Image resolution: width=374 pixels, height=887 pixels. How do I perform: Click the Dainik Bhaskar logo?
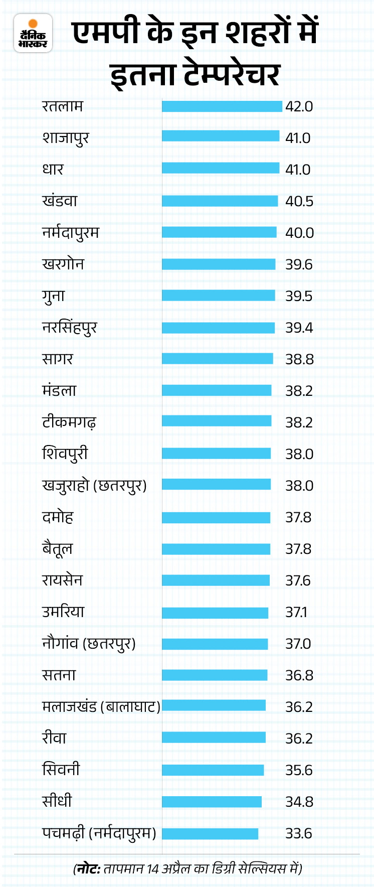tap(33, 33)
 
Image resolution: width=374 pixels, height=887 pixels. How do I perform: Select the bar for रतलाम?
tap(222, 106)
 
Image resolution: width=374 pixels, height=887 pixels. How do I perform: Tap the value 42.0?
tap(299, 106)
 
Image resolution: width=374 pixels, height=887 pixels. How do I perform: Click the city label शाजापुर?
tap(65, 138)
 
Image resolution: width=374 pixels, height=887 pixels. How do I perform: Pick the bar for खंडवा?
tap(220, 201)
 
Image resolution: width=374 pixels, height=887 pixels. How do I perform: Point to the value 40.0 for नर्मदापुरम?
tap(299, 233)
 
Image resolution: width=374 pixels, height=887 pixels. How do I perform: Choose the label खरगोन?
tap(63, 264)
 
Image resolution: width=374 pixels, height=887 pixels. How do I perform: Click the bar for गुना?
tap(219, 296)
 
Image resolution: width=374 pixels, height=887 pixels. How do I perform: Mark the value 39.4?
tap(299, 328)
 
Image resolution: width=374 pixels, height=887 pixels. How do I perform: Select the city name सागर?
tap(58, 359)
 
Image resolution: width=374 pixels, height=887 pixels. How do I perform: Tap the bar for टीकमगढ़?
tap(217, 422)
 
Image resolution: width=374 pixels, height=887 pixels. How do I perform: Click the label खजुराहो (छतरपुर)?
tap(94, 486)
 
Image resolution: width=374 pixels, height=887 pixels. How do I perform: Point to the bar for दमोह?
tap(216, 517)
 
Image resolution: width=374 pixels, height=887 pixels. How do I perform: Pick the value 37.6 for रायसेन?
tap(298, 580)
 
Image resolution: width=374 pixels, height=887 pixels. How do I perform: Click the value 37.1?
tap(296, 612)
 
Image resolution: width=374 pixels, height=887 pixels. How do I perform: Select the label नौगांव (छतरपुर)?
tap(89, 644)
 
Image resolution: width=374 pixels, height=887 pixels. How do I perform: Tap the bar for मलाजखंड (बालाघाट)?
tap(214, 706)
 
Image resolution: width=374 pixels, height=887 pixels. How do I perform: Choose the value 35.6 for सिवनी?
tap(299, 770)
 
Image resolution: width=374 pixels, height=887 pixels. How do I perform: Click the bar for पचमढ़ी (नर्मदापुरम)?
tap(210, 833)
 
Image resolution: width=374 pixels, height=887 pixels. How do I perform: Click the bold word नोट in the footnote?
tap(88, 868)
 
